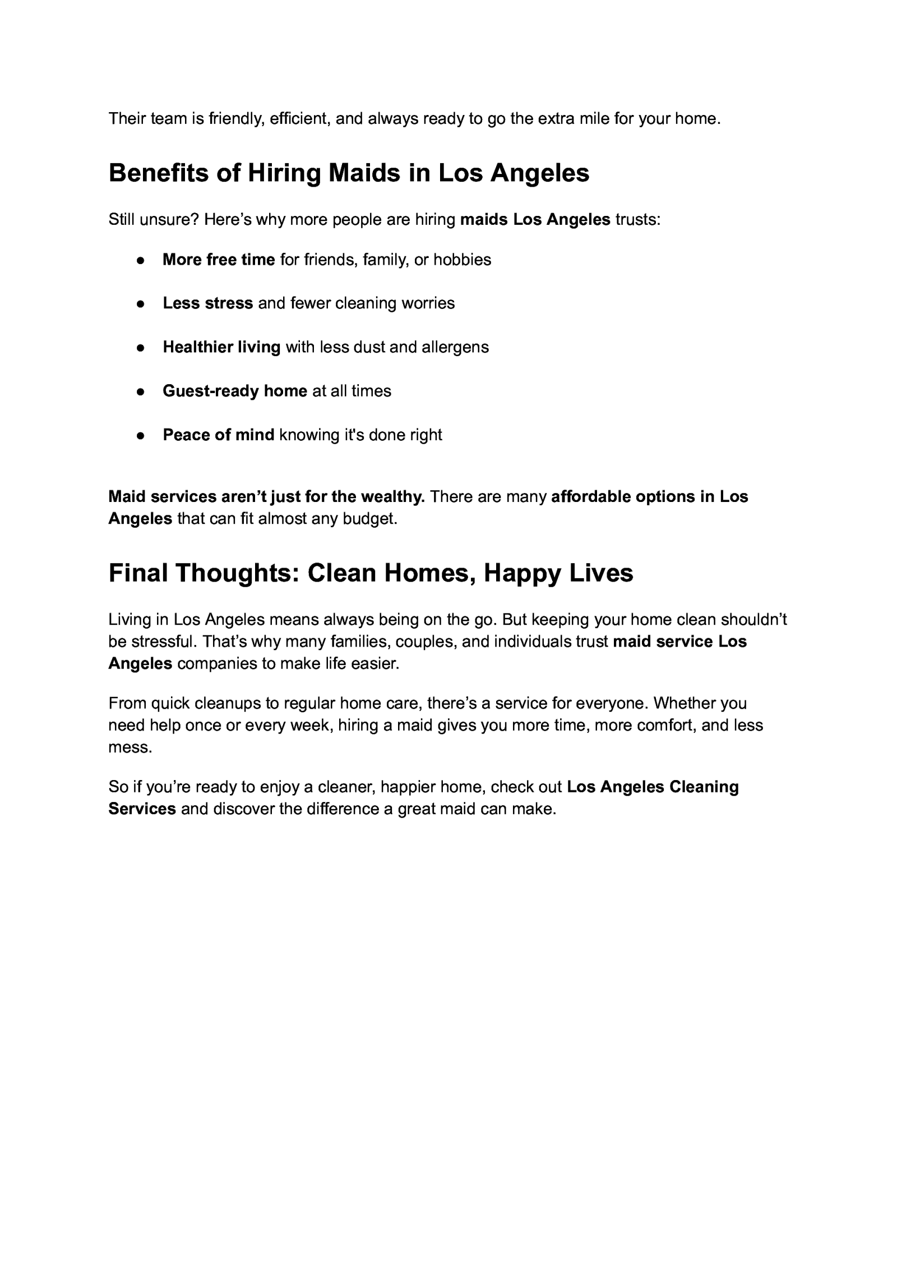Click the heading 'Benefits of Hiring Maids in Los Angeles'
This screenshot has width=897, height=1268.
pos(349,173)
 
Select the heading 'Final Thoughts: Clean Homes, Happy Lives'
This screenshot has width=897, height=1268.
pos(371,573)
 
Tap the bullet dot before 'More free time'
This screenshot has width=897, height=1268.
pos(141,261)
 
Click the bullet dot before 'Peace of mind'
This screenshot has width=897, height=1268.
pos(141,436)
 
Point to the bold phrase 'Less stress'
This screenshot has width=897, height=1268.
pos(207,303)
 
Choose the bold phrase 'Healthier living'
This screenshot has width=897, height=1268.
pos(221,347)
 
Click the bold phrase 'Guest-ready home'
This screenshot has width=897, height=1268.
pos(235,391)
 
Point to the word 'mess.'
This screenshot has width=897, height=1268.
pos(130,748)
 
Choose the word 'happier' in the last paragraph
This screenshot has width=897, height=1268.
pos(408,787)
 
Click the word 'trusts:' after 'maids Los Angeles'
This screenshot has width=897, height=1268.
pos(638,219)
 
